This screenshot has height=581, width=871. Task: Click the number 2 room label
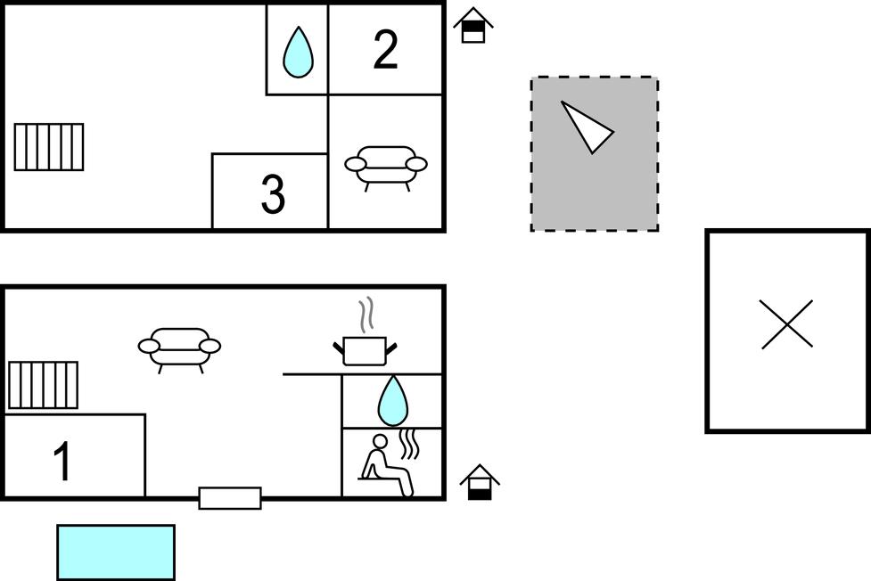(385, 51)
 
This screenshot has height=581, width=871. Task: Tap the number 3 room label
(273, 194)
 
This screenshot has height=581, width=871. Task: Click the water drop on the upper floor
(298, 53)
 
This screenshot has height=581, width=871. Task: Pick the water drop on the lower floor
(393, 401)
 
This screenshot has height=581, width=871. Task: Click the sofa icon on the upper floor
(386, 166)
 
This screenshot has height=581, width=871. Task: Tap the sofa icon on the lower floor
(179, 348)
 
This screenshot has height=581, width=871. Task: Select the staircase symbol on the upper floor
(49, 147)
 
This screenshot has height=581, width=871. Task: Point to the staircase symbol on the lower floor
(44, 385)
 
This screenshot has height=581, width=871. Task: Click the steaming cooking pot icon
(365, 349)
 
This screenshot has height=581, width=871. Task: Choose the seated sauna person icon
(388, 465)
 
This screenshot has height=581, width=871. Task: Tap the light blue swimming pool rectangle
(116, 552)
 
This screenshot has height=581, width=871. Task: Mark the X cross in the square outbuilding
(787, 324)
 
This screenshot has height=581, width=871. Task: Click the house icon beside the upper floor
(473, 26)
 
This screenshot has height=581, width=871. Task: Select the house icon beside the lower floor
(480, 482)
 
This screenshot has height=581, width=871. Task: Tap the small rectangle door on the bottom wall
(230, 498)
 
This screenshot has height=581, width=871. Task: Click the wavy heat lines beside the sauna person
(408, 444)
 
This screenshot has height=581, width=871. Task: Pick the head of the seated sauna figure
(380, 441)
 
